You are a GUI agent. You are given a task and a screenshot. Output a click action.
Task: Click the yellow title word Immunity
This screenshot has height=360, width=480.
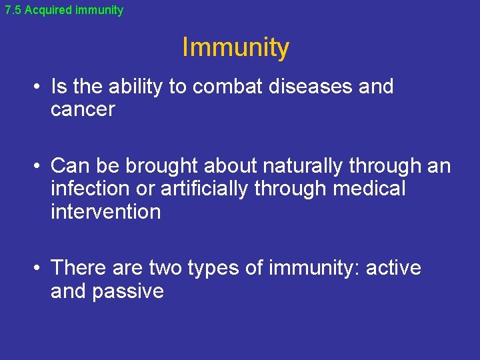(235, 48)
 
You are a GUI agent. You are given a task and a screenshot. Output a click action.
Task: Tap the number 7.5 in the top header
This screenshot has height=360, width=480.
(13, 10)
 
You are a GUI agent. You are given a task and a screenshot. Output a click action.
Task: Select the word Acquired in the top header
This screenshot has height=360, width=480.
(46, 10)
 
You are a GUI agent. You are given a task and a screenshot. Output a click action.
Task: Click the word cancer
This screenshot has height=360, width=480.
(83, 110)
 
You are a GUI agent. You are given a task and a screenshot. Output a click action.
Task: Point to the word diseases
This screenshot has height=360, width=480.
(301, 87)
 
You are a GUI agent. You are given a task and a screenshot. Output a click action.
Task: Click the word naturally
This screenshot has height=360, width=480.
(305, 165)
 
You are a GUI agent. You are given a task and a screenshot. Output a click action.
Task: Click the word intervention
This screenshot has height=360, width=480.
(105, 213)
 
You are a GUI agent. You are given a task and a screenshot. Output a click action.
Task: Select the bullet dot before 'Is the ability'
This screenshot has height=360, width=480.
(39, 87)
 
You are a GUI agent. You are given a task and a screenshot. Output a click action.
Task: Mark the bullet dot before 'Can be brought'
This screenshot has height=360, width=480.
(39, 165)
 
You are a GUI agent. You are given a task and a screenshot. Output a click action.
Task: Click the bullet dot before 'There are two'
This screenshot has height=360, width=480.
(39, 269)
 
